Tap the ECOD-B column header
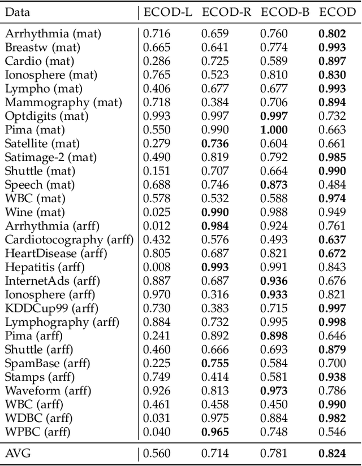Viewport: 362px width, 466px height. [285, 12]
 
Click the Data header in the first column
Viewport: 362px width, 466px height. [18, 12]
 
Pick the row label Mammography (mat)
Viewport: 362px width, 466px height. [55, 102]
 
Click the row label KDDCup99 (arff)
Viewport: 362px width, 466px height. [51, 308]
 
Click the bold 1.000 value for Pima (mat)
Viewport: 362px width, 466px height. [274, 129]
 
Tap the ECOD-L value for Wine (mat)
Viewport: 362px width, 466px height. [156, 212]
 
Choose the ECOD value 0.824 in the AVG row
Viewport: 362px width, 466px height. [332, 453]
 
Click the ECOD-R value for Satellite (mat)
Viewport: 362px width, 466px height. [215, 143]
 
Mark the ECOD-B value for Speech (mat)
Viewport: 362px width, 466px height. [274, 185]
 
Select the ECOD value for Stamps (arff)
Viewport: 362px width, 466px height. [332, 377]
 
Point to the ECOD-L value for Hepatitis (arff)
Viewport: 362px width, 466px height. [156, 267]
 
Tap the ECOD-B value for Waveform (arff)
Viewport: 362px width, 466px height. [274, 391]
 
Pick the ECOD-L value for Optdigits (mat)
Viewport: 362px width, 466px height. [156, 116]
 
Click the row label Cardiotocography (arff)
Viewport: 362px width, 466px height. [70, 239]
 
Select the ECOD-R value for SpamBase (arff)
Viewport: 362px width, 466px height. [215, 363]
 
